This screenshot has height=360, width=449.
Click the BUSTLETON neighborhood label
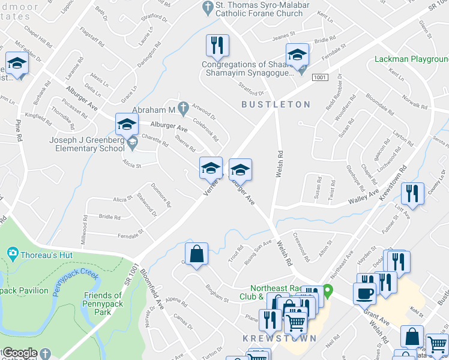[276, 104]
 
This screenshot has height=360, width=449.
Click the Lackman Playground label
[412, 59]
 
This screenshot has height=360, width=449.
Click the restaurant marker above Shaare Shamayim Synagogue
[217, 46]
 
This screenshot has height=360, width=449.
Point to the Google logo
[20, 353]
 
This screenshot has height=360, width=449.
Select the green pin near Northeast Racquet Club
[328, 292]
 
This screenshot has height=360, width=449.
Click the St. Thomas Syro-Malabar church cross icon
[207, 7]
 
